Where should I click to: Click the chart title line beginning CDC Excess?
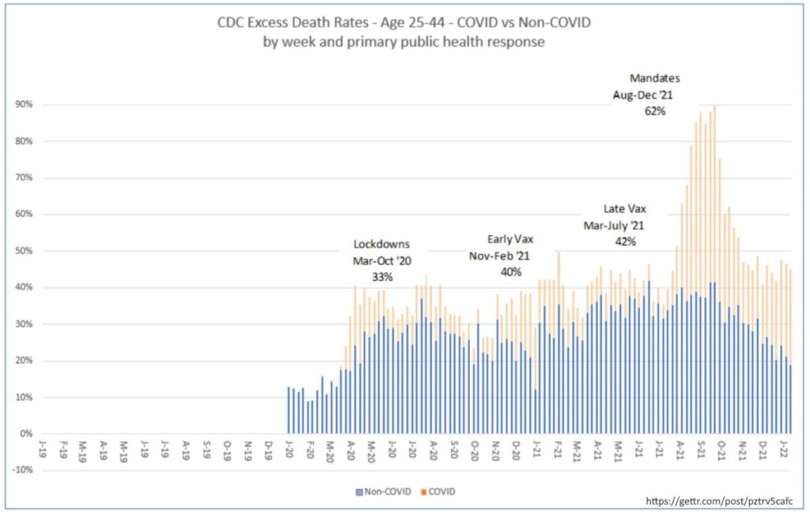[x=404, y=24]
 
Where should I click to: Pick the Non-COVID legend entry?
[x=387, y=491]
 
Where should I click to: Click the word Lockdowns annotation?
[x=382, y=245]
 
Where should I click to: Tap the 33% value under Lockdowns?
[x=382, y=276]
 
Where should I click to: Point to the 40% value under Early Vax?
[x=510, y=271]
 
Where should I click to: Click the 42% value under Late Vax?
[x=626, y=241]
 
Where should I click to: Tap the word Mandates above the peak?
[x=655, y=78]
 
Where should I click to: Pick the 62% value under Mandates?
[x=655, y=112]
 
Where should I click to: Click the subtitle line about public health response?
[x=404, y=42]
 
